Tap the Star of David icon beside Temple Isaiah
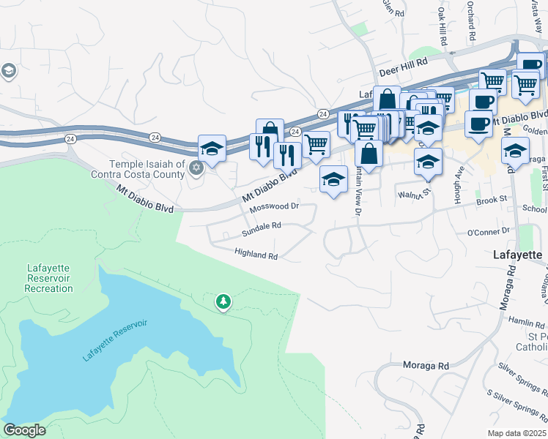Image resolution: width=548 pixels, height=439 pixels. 195,169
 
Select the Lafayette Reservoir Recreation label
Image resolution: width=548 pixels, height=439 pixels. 48,279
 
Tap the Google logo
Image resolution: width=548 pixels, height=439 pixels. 24,430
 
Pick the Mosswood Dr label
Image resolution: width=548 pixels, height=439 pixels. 275,207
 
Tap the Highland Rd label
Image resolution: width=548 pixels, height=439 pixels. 256,255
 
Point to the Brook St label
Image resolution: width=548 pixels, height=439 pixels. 492,199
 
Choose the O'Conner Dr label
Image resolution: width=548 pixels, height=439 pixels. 488,231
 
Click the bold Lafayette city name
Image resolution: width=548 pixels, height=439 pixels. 516,255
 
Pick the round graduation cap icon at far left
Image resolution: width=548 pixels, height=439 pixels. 9,71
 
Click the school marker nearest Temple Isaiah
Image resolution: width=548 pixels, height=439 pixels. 212,149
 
